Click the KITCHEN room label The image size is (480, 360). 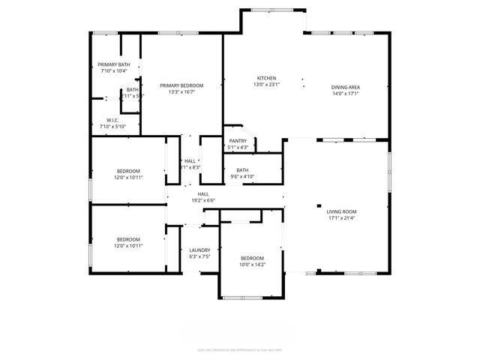(268, 79)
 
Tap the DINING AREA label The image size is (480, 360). (346, 88)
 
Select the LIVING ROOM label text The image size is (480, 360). (342, 212)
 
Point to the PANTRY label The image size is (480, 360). (238, 141)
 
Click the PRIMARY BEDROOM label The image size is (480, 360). (181, 86)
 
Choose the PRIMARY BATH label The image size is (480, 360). (114, 64)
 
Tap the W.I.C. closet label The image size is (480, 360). (113, 120)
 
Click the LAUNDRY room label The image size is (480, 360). (199, 250)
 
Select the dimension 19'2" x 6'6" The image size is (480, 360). (203, 200)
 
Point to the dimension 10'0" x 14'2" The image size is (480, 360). (252, 264)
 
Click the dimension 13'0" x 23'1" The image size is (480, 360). (268, 85)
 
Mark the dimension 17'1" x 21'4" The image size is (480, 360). (342, 218)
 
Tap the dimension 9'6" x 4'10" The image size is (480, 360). (242, 176)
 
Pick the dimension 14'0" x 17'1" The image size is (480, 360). (346, 94)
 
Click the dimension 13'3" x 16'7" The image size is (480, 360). (181, 92)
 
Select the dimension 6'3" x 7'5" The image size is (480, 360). (199, 256)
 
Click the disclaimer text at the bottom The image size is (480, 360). (240, 349)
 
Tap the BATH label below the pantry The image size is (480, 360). (242, 170)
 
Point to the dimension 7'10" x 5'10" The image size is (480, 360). (113, 126)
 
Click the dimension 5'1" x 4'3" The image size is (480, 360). (238, 147)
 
